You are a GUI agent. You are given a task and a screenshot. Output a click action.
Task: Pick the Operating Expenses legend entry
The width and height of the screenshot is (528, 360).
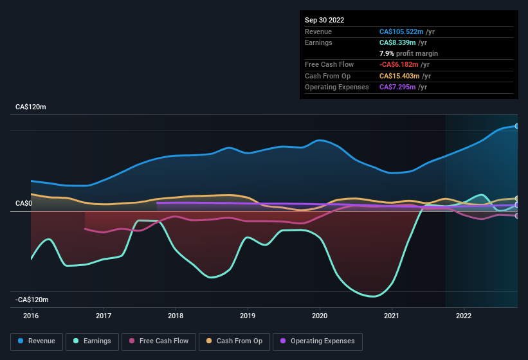318,341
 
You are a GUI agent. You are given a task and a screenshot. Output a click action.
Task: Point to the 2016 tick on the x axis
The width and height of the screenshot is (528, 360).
32,316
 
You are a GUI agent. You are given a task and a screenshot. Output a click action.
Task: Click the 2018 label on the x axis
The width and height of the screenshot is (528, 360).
176,316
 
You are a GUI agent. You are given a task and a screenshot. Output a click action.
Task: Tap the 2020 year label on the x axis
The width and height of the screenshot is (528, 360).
320,316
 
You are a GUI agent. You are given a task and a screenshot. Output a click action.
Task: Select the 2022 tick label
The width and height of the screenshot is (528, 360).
464,316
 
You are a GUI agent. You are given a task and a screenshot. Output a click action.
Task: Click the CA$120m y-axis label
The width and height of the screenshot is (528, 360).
31,107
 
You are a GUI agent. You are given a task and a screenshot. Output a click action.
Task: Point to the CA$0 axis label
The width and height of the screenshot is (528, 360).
24,204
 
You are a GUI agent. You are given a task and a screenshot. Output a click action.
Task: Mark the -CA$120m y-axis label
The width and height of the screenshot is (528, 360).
32,300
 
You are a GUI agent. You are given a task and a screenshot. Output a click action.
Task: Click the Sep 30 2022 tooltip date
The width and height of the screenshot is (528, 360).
325,20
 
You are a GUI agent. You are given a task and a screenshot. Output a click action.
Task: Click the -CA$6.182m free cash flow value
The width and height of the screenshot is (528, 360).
404,65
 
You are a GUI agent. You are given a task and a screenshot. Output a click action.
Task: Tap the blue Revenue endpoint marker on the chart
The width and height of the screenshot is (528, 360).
516,126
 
